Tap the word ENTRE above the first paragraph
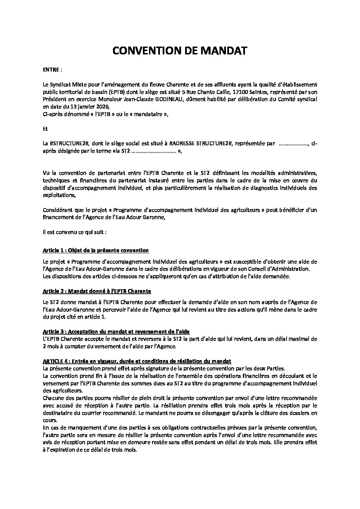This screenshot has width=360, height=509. click(51, 70)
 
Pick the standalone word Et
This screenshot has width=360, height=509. click(45, 129)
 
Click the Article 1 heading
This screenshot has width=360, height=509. click(96, 251)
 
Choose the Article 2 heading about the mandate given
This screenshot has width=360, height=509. click(97, 291)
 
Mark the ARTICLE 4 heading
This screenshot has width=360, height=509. click(137, 361)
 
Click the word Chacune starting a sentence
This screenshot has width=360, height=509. click(53, 398)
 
